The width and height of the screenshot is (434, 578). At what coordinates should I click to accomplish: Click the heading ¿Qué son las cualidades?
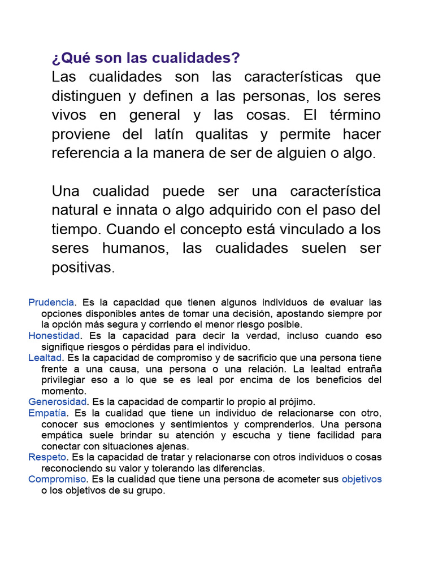click(146, 58)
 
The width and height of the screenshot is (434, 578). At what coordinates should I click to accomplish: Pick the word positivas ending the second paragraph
click(83, 268)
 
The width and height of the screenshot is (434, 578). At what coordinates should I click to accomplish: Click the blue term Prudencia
click(51, 303)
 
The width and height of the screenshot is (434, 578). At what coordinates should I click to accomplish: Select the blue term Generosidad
click(58, 402)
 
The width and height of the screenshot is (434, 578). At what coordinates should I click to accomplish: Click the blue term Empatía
click(47, 413)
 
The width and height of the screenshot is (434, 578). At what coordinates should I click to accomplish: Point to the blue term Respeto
click(47, 457)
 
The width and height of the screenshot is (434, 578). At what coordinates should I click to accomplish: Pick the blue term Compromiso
click(58, 479)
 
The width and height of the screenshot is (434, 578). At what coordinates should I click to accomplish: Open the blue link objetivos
click(362, 479)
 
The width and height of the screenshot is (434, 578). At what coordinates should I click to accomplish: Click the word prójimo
click(296, 402)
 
